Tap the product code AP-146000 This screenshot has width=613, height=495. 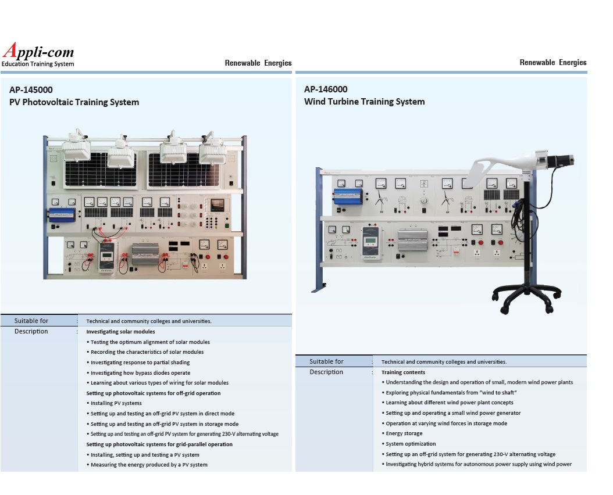[x=326, y=89]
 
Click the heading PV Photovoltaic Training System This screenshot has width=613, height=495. [x=74, y=102]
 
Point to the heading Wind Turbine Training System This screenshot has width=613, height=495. [x=364, y=102]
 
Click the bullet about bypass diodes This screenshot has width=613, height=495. [x=140, y=373]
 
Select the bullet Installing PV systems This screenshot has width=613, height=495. [x=116, y=403]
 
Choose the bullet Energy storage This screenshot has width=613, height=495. [x=404, y=433]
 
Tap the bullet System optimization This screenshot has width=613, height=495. [x=411, y=444]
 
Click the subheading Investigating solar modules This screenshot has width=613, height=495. [x=120, y=332]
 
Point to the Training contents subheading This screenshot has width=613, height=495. [x=403, y=372]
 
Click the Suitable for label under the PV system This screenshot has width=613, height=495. [x=31, y=321]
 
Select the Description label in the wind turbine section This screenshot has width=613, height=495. [x=326, y=372]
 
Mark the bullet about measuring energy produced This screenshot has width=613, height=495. [x=149, y=465]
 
